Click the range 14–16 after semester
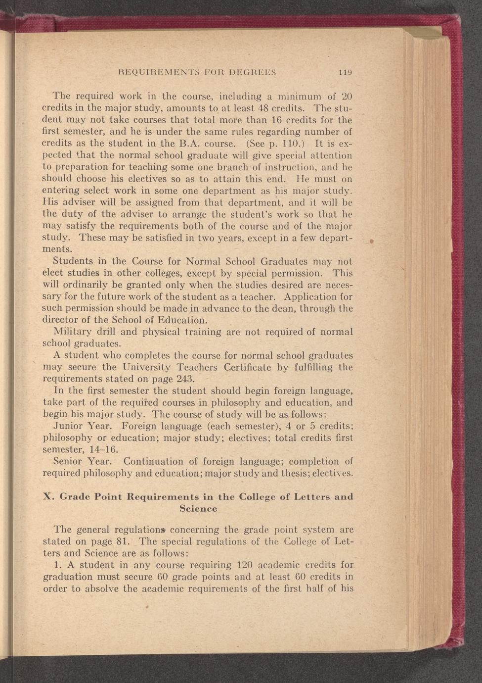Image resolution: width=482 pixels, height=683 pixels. click(100, 450)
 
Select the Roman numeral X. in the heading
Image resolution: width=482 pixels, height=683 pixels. click(48, 496)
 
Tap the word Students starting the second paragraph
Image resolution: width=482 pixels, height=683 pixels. click(73, 261)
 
